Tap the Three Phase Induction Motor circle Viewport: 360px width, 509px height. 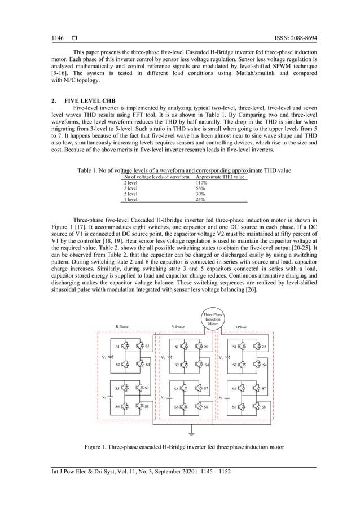click(x=213, y=319)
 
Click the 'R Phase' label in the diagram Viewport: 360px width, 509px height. click(x=124, y=327)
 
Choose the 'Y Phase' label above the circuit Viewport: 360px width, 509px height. click(x=179, y=327)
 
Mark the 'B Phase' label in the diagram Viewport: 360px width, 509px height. click(x=240, y=327)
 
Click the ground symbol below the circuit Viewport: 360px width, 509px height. click(x=192, y=434)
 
